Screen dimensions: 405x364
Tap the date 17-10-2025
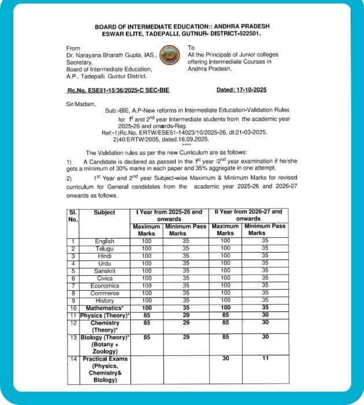pyautogui.click(x=241, y=90)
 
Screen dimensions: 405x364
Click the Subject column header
pyautogui.click(x=105, y=212)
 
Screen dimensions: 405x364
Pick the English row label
pyautogui.click(x=105, y=241)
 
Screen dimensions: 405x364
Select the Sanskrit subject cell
pyautogui.click(x=105, y=270)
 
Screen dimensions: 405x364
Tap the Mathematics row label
pyautogui.click(x=105, y=308)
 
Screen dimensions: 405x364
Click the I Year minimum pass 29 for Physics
pyautogui.click(x=186, y=316)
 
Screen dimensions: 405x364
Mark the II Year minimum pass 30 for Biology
pyautogui.click(x=265, y=336)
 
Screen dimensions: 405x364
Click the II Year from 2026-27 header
pyautogui.click(x=249, y=215)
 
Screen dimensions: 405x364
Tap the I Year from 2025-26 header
pyautogui.click(x=169, y=215)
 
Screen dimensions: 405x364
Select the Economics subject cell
pyautogui.click(x=105, y=286)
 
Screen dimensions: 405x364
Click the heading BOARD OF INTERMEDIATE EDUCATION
pyautogui.click(x=182, y=26)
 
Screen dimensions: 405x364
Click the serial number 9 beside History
pyautogui.click(x=72, y=301)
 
